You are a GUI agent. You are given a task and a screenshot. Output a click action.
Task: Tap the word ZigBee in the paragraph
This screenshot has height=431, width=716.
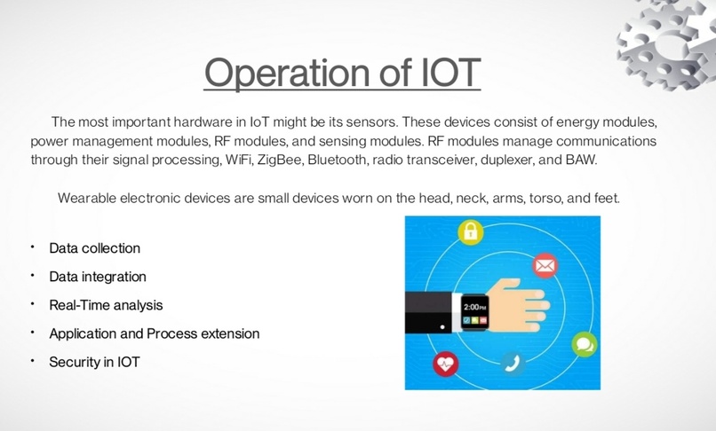(274, 160)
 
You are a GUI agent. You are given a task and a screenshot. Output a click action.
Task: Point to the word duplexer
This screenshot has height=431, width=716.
(485, 160)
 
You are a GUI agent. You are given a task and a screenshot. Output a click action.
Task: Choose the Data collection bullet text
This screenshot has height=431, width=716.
(94, 248)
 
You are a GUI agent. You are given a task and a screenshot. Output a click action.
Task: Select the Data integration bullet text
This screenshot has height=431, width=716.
(98, 277)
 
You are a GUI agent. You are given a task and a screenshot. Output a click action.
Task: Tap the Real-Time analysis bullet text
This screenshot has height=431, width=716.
(106, 305)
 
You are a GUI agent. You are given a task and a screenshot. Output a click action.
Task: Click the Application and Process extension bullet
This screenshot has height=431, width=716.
(154, 333)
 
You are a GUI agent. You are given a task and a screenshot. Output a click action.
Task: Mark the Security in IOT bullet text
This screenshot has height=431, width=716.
(94, 362)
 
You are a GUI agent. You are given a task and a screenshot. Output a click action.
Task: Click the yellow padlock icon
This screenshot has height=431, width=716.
(470, 233)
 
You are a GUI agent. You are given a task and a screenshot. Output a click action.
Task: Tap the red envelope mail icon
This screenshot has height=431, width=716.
(545, 265)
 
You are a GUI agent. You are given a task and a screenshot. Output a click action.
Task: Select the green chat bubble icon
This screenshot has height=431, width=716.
(584, 343)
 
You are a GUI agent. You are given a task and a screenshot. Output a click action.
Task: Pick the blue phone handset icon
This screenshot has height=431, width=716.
(511, 363)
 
